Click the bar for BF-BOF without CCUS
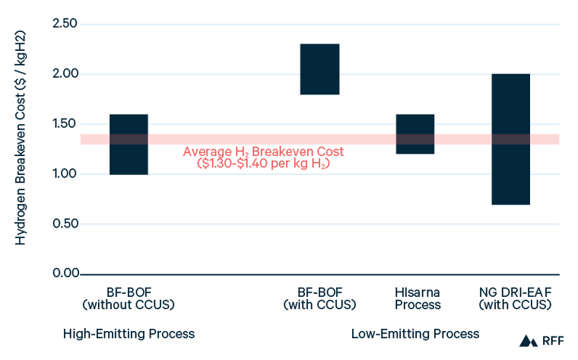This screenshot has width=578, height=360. pyautogui.click(x=129, y=145)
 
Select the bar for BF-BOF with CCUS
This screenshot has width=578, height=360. pyautogui.click(x=319, y=69)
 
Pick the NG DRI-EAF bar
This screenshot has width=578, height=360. pyautogui.click(x=510, y=139)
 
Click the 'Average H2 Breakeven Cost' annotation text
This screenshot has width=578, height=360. pyautogui.click(x=263, y=151)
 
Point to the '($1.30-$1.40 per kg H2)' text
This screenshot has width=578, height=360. pyautogui.click(x=263, y=164)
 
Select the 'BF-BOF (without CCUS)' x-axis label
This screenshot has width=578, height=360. pyautogui.click(x=129, y=298)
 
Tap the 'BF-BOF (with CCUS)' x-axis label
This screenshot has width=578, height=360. pyautogui.click(x=320, y=298)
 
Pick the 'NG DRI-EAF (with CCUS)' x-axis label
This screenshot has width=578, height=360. pyautogui.click(x=511, y=298)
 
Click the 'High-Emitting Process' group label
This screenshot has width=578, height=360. pyautogui.click(x=129, y=334)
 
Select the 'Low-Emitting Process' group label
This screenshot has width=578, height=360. pyautogui.click(x=415, y=334)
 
